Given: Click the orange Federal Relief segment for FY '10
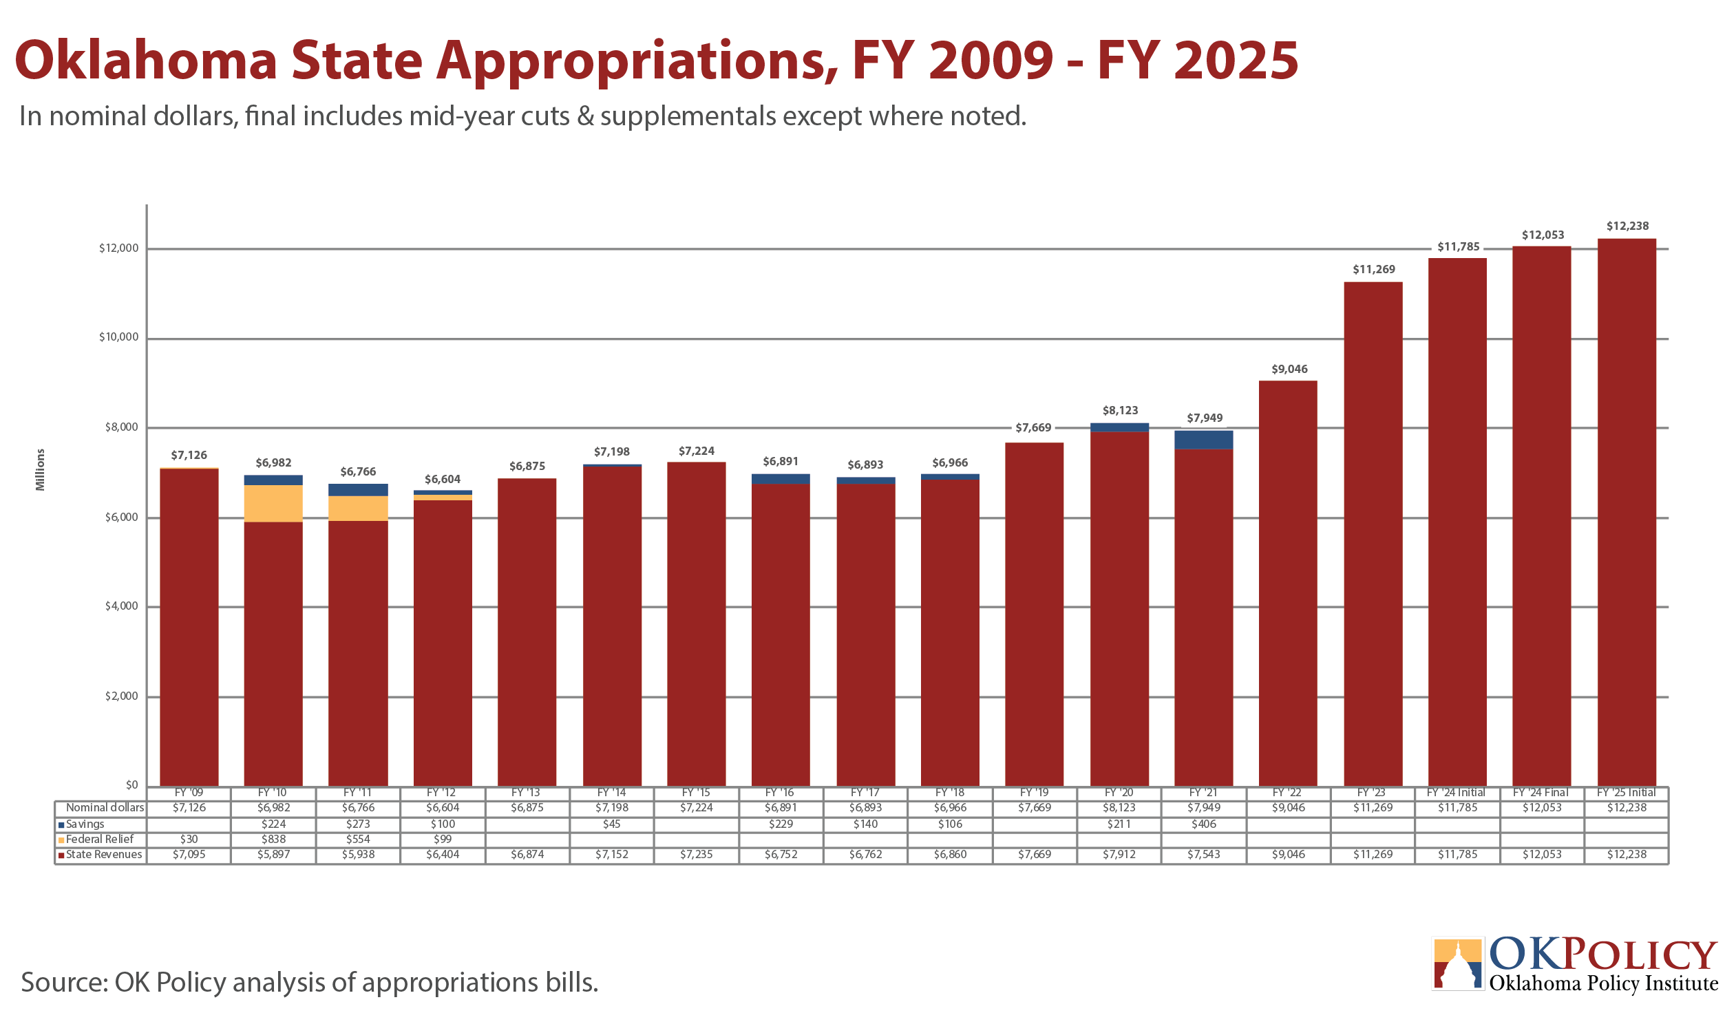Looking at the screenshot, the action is [273, 504].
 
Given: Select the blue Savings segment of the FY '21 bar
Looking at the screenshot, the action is [1204, 440].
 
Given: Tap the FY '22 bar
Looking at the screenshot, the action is [1288, 584].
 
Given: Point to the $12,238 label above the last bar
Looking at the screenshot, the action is [1628, 226].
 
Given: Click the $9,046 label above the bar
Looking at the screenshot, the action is [1289, 369].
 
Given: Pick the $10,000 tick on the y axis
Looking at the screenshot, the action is [118, 337].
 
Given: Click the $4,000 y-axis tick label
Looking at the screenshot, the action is [121, 606].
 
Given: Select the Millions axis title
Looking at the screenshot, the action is [41, 470].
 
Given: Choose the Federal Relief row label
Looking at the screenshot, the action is [96, 840].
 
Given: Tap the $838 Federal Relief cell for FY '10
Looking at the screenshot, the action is [273, 840].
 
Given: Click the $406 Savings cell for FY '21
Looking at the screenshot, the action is [1204, 824].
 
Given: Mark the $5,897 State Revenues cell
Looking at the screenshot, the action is [273, 855].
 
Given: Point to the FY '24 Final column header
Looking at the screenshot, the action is [1541, 793].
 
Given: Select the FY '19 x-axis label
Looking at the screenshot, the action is [1034, 793].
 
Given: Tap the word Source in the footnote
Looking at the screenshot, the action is [63, 983].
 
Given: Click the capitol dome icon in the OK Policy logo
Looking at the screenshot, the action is [1457, 964].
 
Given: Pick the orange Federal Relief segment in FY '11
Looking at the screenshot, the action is [358, 509].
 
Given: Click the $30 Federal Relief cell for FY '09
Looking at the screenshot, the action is [189, 840].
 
